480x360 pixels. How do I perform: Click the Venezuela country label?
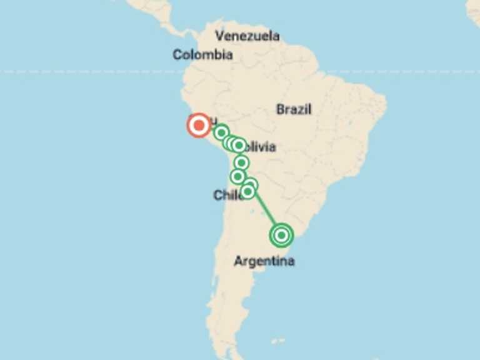(247, 36)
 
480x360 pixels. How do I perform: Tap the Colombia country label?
(202, 55)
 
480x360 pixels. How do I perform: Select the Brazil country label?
(294, 109)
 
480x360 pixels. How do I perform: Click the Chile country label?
(227, 196)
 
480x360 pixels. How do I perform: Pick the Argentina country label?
(264, 261)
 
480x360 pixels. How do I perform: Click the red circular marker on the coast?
(199, 126)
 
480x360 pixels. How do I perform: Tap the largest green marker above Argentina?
(281, 235)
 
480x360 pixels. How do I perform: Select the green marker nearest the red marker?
(221, 132)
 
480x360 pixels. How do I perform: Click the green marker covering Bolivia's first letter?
(238, 146)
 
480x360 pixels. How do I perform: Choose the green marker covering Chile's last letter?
(247, 191)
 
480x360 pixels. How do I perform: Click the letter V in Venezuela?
(219, 36)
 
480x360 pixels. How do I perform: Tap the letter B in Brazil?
(280, 109)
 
